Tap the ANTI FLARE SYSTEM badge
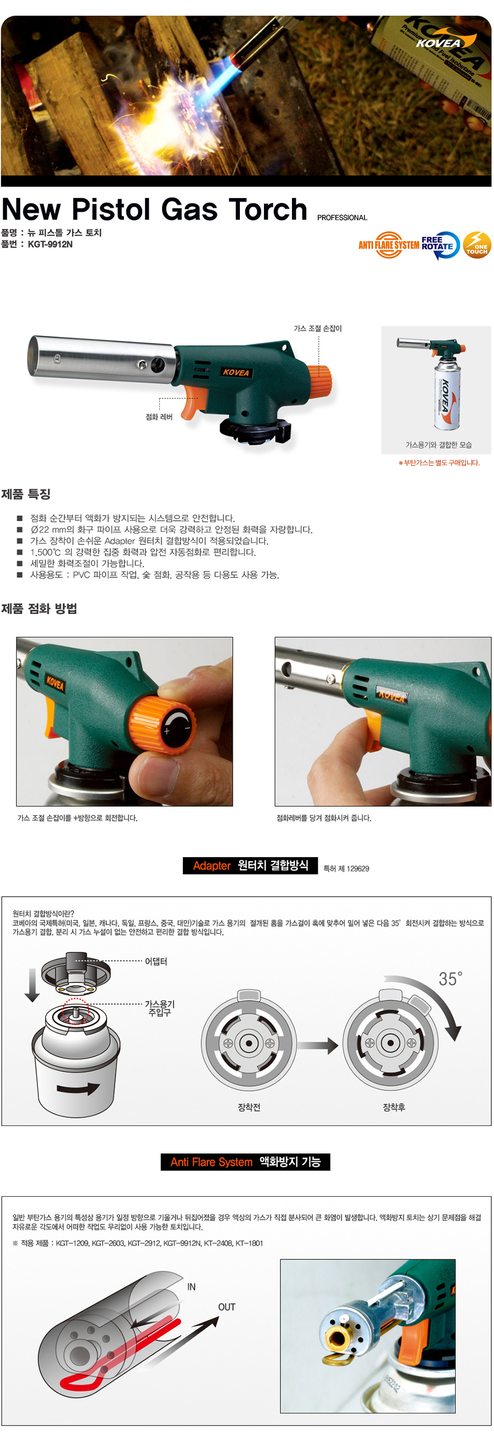389,245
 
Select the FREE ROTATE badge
440,245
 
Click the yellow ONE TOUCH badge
476,245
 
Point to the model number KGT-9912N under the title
50,244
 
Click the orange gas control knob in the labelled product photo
319,379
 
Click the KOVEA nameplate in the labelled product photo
235,373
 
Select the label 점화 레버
159,416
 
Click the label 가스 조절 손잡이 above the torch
318,328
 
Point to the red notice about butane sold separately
439,463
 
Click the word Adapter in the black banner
211,866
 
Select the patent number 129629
357,869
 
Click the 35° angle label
450,978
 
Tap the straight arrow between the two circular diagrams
318,1045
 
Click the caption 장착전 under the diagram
249,1107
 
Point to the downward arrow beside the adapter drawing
32,984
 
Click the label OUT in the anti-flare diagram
227,1307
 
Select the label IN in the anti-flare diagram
192,1287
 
